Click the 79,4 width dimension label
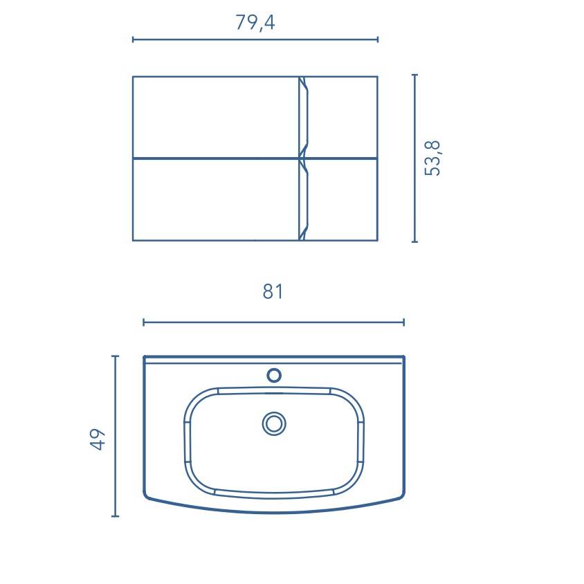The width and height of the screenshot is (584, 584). point(255,23)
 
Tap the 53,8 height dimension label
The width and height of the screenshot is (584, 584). point(432,158)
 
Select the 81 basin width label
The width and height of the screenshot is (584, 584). point(273,291)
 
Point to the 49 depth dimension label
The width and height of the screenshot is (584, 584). point(98,439)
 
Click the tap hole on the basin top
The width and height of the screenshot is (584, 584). point(274,375)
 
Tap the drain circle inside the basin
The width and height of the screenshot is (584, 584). point(274,424)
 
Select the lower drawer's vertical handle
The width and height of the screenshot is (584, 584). point(304,201)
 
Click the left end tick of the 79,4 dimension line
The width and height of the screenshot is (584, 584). point(133,39)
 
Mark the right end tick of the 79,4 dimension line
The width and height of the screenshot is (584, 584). point(378,39)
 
